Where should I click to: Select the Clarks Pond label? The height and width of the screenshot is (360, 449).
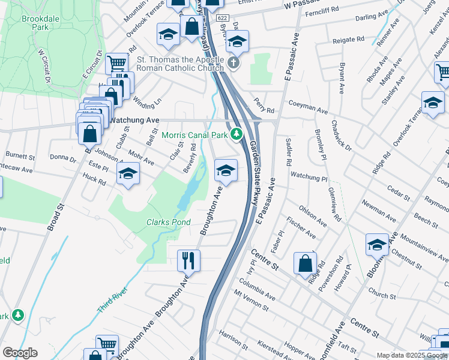click(169, 222)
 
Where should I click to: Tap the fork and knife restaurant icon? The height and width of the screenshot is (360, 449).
click(188, 260)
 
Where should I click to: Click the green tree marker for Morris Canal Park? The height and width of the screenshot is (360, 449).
click(237, 133)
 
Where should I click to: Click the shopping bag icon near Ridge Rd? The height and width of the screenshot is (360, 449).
click(306, 263)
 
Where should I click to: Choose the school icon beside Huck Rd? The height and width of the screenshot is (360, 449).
click(128, 175)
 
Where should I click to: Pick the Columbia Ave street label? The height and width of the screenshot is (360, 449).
click(256, 288)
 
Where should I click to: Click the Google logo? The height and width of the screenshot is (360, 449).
click(20, 353)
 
